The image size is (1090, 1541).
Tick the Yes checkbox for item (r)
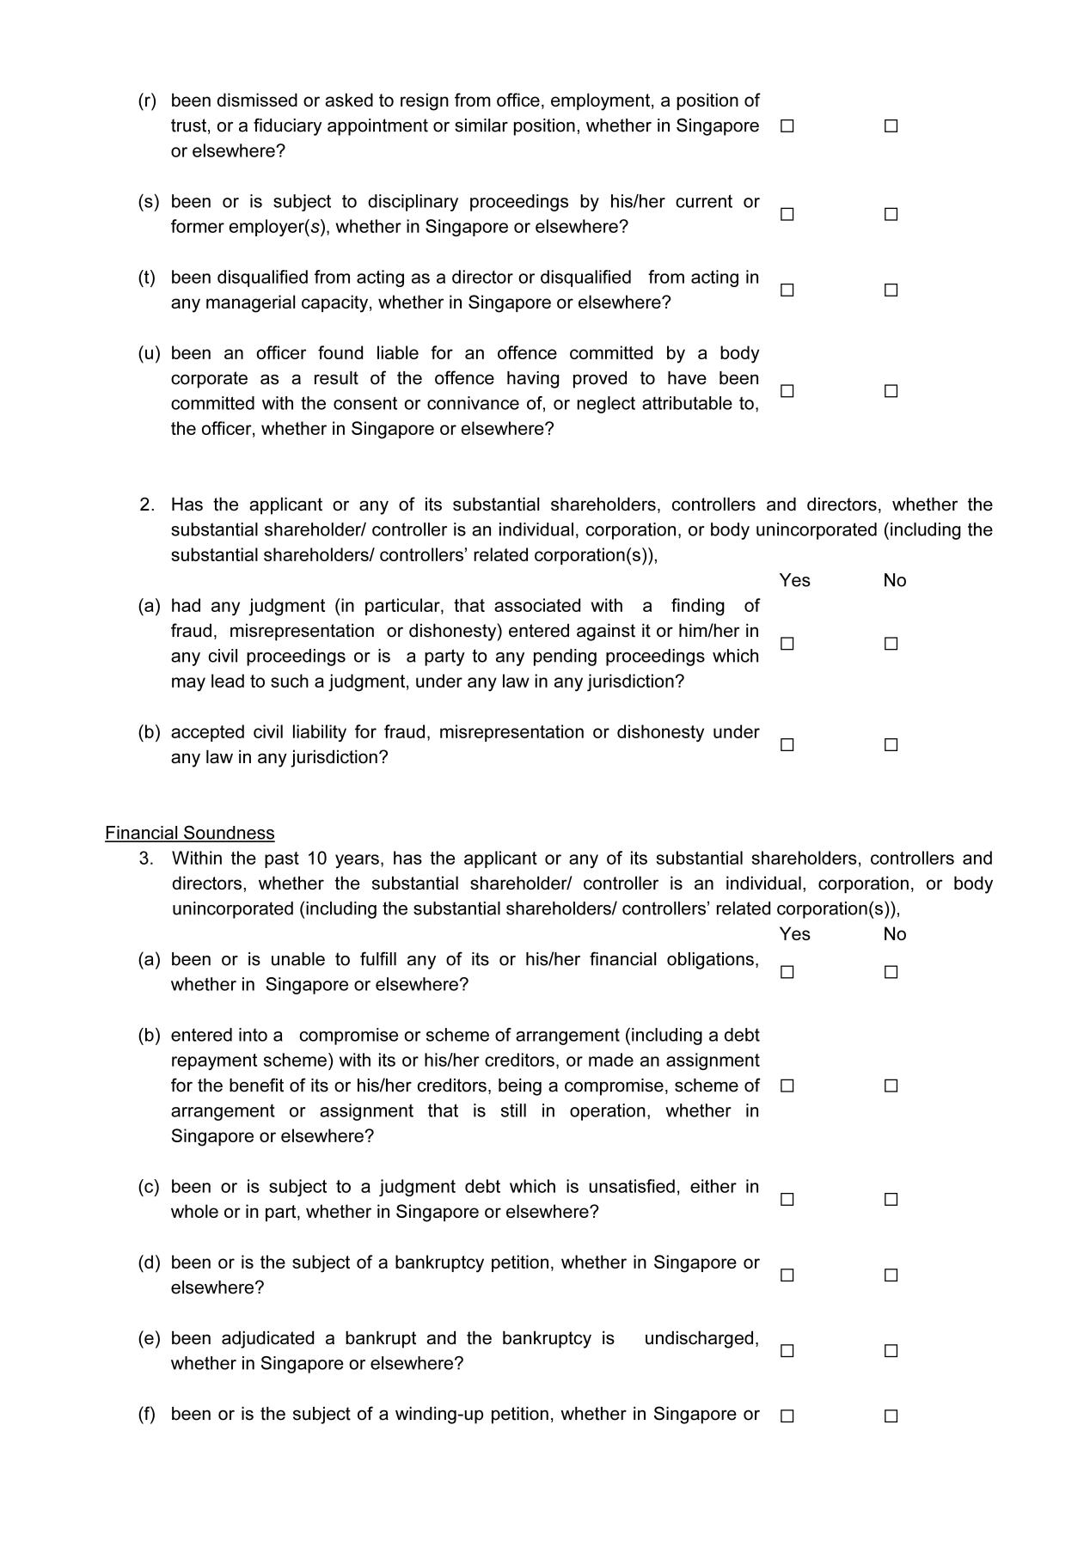tap(787, 126)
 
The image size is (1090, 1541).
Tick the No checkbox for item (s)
tap(891, 214)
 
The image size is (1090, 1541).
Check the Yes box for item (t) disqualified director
tap(787, 290)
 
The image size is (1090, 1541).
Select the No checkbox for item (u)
tap(891, 391)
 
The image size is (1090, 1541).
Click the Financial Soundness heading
tap(190, 833)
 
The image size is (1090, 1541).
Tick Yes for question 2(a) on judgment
tap(787, 644)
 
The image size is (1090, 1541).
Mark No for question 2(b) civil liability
tap(891, 745)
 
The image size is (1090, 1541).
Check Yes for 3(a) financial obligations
tap(787, 972)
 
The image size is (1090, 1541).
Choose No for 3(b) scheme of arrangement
tap(891, 1085)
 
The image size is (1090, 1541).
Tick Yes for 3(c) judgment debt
tap(787, 1199)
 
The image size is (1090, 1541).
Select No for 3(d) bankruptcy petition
tap(891, 1275)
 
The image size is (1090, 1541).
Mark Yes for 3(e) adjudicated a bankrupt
tap(787, 1351)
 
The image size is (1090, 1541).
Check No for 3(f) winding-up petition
tap(891, 1416)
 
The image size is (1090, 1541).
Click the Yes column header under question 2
tap(794, 580)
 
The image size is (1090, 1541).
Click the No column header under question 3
tap(894, 934)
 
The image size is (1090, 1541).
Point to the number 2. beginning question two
tap(146, 504)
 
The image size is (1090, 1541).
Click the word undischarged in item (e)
tap(701, 1338)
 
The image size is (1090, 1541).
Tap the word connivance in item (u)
tap(481, 404)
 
